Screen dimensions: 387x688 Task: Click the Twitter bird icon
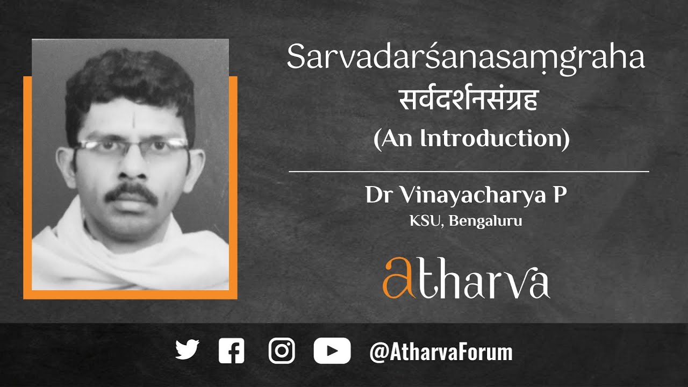coord(187,350)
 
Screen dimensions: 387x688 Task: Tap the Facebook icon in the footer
coord(232,351)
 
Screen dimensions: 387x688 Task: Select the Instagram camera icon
coord(282,351)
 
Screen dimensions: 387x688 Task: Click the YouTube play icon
coord(332,351)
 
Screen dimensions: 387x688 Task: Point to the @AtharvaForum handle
coord(441,353)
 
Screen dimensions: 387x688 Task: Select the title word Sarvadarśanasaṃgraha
coord(465,57)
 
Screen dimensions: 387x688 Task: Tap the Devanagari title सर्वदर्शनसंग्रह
coord(468,101)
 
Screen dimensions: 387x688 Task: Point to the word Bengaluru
coord(494,221)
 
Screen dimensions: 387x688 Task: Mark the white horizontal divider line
coord(469,171)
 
